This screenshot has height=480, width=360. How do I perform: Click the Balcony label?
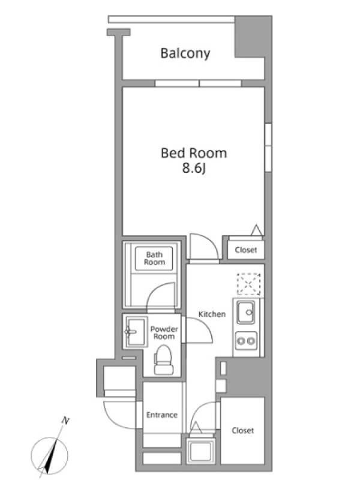pos(185,53)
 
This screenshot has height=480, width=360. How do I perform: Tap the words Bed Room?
pos(194,153)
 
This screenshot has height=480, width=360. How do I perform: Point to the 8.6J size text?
pos(193,168)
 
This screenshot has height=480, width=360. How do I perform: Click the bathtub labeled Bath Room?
pos(154,259)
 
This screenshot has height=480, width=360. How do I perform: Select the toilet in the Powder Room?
pos(164,359)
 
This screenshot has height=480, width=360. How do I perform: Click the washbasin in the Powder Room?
pos(135,332)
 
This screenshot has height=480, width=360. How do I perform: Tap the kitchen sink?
pos(246,313)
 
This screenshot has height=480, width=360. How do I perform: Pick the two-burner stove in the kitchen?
pos(246,341)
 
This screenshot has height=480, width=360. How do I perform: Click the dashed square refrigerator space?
pos(249,284)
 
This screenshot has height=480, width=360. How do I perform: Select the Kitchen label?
pos(212,314)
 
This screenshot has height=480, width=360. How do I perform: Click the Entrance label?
pos(162,415)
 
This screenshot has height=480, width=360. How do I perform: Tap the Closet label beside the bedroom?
pos(246,250)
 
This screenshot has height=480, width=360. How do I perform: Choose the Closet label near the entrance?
pos(243,430)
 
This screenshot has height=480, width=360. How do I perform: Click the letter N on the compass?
pos(65,421)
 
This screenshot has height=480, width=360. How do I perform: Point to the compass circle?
pos(50,456)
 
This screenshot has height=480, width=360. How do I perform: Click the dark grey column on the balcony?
pos(253,37)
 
